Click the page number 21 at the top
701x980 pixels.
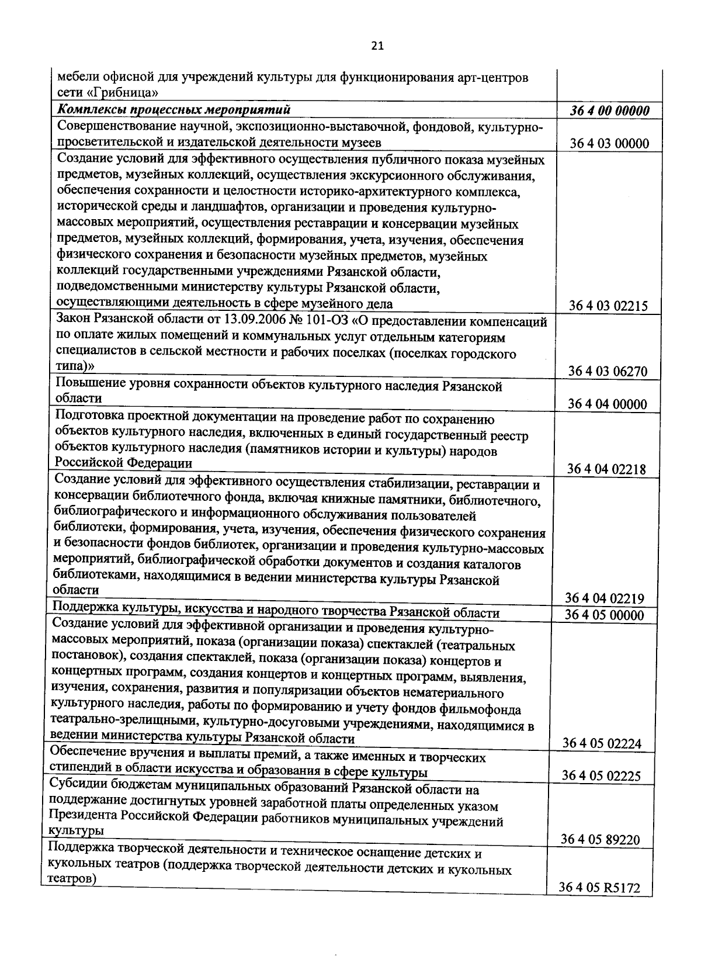[x=377, y=46]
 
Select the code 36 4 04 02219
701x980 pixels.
[x=605, y=598]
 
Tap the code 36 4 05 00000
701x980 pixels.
[x=605, y=615]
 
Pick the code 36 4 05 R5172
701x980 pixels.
[x=600, y=888]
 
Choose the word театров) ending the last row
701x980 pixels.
[x=71, y=879]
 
